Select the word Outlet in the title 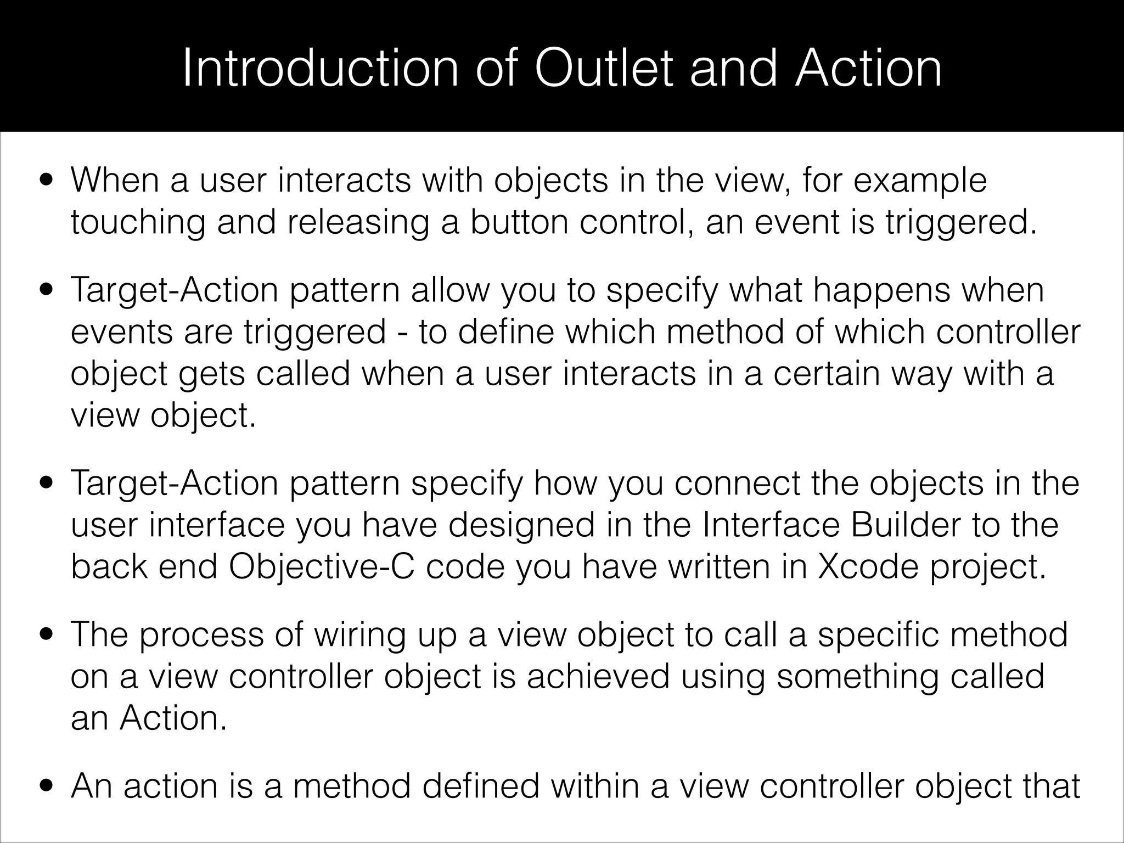(x=603, y=69)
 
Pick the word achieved (x=598, y=676)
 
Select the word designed (x=521, y=525)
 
